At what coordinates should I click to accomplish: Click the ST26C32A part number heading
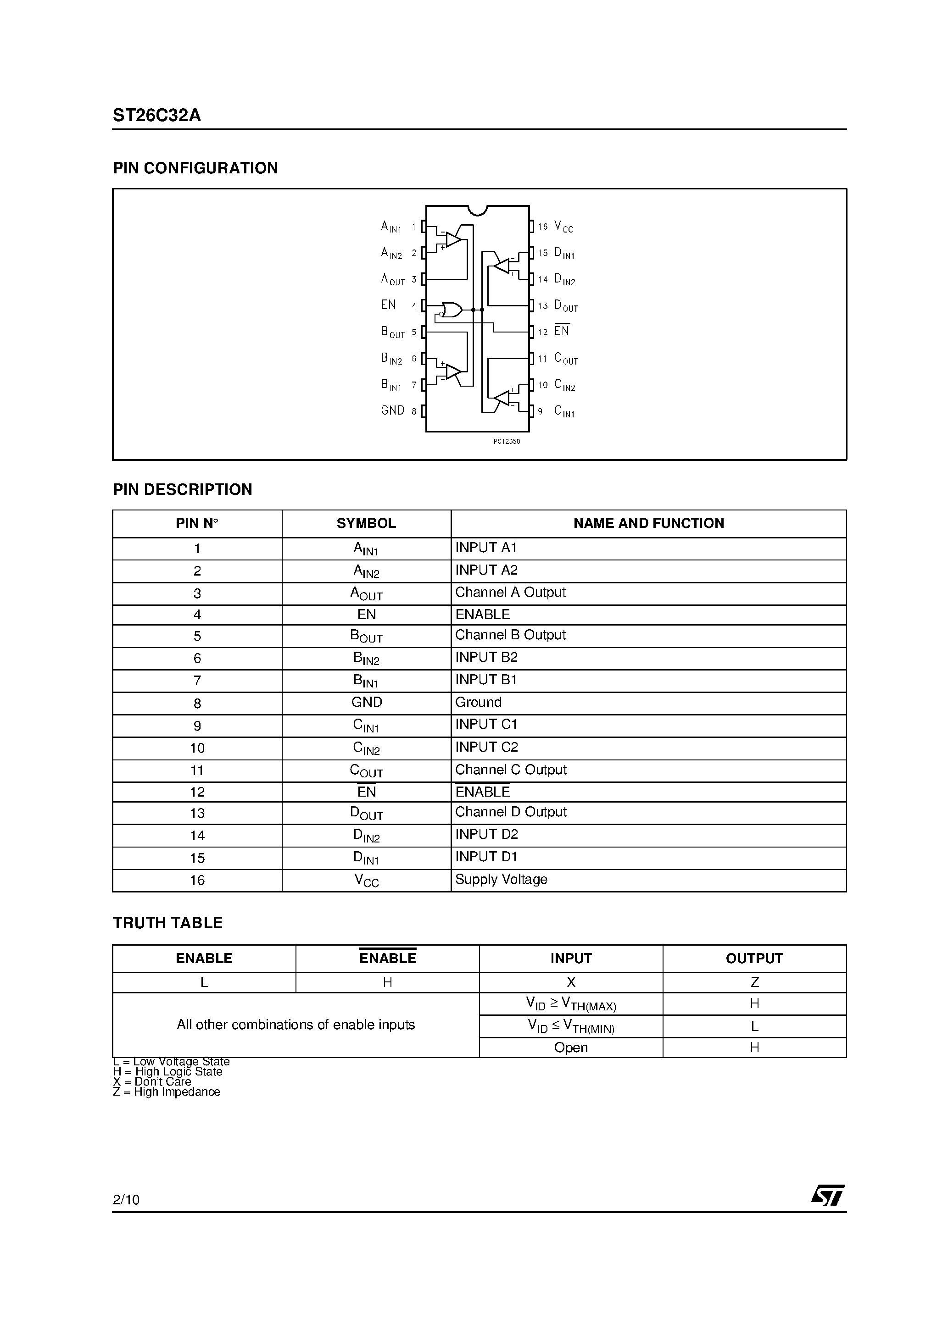coord(156,116)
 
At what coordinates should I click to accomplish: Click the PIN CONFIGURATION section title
coord(195,168)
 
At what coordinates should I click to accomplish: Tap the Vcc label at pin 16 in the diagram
coord(563,227)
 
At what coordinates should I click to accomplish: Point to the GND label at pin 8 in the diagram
coord(392,410)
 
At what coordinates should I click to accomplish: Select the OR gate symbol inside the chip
coord(451,310)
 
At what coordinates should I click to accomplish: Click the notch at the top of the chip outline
coord(478,210)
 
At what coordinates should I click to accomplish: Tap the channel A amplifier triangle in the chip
coord(453,239)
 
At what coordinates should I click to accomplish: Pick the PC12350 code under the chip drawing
coord(506,442)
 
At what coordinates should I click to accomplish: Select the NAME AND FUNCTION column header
coord(648,523)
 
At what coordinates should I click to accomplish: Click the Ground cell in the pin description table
coord(478,702)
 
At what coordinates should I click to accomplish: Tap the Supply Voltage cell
coord(501,879)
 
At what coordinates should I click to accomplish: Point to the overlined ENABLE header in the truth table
coord(387,959)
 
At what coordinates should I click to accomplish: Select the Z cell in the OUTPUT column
coord(754,982)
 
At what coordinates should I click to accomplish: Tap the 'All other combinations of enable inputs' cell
coord(296,1025)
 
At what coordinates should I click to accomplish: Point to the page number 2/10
coord(126,1200)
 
